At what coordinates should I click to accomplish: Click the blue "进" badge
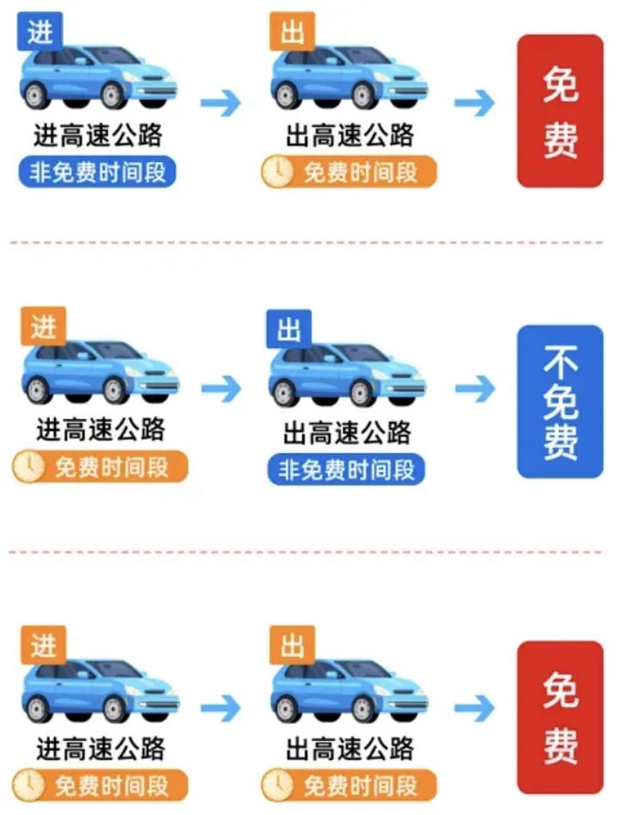[x=40, y=32]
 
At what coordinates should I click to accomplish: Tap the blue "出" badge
[x=289, y=329]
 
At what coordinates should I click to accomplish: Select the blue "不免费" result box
[x=561, y=401]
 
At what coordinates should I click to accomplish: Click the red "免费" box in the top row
[x=561, y=111]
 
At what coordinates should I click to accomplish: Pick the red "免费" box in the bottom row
[x=561, y=718]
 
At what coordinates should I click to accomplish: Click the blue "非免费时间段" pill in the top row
[x=97, y=171]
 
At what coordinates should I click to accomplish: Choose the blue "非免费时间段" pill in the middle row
[x=346, y=470]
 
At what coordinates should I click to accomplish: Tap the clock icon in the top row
[x=277, y=172]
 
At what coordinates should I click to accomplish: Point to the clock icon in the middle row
[x=28, y=466]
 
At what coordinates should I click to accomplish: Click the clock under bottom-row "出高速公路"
[x=277, y=785]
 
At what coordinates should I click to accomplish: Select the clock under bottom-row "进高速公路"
[x=28, y=785]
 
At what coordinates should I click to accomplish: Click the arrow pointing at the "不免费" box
[x=475, y=389]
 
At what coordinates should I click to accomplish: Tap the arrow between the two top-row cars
[x=220, y=103]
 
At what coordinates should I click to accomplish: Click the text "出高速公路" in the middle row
[x=347, y=432]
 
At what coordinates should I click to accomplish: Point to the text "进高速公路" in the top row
[x=97, y=135]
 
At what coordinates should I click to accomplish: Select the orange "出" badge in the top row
[x=292, y=32]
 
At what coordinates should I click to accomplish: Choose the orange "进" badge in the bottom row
[x=43, y=645]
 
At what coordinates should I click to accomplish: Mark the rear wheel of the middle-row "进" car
[x=37, y=390]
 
